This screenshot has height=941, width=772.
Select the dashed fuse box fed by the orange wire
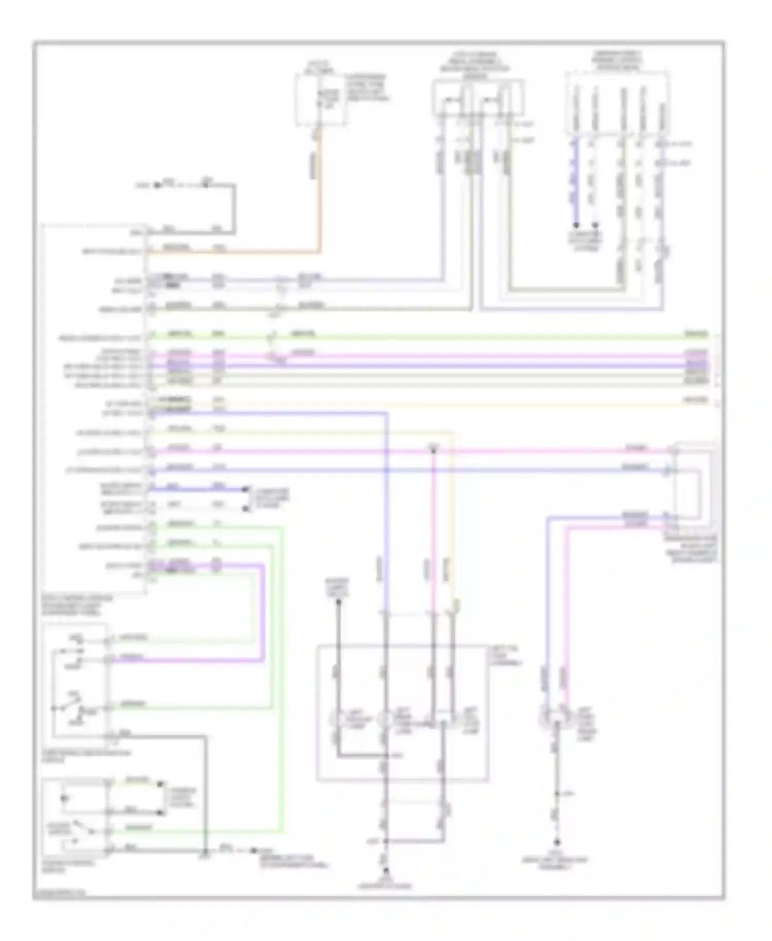[320, 99]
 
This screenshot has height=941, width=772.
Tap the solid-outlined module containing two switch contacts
[478, 98]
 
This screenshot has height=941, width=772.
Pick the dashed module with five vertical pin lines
[618, 103]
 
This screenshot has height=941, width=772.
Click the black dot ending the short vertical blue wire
[576, 225]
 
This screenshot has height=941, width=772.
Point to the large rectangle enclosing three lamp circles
[402, 712]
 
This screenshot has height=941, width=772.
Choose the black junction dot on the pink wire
[433, 451]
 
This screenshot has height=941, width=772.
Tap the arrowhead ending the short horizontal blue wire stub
[246, 489]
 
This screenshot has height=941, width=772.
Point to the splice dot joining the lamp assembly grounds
[385, 841]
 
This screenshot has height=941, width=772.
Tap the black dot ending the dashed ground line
[253, 850]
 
